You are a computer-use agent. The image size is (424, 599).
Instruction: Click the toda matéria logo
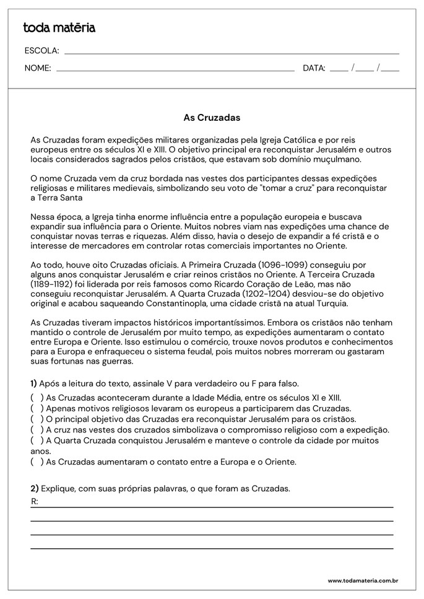click(x=59, y=27)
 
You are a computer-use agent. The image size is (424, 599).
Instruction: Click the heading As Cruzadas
click(x=212, y=116)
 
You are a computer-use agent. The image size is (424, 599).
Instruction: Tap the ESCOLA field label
click(x=41, y=51)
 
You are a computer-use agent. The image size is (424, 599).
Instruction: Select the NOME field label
click(x=38, y=68)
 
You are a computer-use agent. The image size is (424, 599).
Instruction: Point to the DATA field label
click(x=314, y=68)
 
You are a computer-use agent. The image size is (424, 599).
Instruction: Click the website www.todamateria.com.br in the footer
click(x=362, y=580)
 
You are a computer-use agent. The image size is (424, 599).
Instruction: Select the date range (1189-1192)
click(x=54, y=284)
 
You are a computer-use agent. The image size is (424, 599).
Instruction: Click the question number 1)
click(x=34, y=383)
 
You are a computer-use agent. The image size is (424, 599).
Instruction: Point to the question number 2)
click(x=35, y=489)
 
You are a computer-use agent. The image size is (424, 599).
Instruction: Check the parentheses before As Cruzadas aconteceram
click(x=37, y=398)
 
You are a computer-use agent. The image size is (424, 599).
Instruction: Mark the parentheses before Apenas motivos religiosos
click(x=37, y=408)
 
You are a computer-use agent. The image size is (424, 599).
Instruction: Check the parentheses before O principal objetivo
click(x=37, y=419)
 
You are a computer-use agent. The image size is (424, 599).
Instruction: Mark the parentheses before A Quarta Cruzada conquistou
click(x=37, y=440)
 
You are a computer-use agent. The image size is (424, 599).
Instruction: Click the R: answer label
click(x=35, y=501)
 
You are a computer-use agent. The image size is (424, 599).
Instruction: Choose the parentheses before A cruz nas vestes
click(x=37, y=429)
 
